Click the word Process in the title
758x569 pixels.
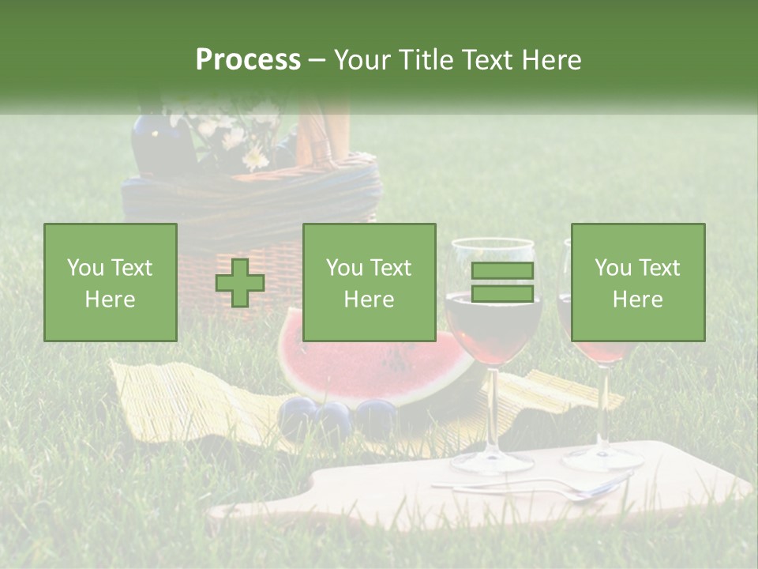pos(248,60)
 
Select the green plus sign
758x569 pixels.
pos(240,283)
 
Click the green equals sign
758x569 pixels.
pos(502,282)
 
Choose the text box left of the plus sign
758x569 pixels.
pos(111,283)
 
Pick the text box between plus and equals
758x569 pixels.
pos(369,283)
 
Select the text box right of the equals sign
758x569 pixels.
pos(637,283)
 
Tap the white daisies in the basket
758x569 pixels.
pos(237,138)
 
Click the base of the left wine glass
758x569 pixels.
pos(491,462)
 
